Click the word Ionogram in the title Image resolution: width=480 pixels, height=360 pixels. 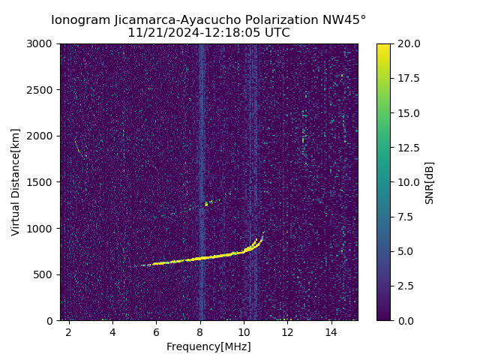[80, 20]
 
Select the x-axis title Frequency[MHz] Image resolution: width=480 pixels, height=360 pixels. [208, 346]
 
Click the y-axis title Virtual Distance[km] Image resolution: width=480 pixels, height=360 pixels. [16, 181]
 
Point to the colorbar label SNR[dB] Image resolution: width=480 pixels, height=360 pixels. [429, 182]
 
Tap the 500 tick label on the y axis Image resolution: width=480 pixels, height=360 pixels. [46, 274]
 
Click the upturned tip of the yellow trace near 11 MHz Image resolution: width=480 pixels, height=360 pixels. [262, 233]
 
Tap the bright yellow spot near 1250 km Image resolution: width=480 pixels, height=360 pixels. [206, 204]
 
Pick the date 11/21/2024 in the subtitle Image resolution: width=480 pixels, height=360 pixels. [156, 33]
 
